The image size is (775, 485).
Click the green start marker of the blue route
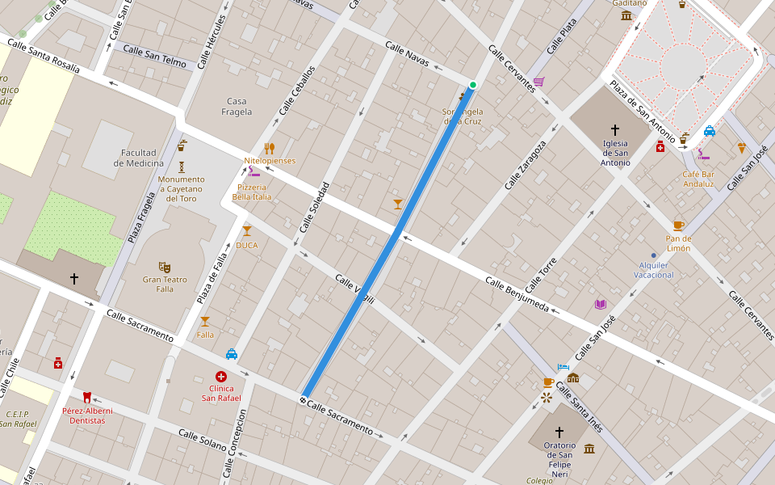(473, 85)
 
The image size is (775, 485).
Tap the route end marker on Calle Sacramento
(303, 400)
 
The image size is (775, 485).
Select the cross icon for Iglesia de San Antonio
(615, 129)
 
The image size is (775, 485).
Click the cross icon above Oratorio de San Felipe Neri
(559, 432)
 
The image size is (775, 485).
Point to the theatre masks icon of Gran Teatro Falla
(165, 267)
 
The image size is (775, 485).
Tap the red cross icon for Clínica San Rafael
(221, 377)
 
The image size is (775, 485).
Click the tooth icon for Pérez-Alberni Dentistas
(87, 397)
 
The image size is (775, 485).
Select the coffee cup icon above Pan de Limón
(678, 226)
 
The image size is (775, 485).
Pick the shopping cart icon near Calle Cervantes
(538, 82)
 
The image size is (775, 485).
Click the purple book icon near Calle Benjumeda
(600, 304)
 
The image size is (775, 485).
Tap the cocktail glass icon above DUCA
(247, 231)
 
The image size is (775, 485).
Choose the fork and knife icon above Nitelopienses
(270, 148)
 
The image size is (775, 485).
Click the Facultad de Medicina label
(139, 158)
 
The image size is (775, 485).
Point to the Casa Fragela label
(237, 107)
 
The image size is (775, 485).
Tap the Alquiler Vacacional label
(653, 270)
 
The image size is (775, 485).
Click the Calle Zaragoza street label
(526, 165)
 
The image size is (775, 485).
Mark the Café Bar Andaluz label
(698, 179)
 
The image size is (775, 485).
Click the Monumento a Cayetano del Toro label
(182, 188)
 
